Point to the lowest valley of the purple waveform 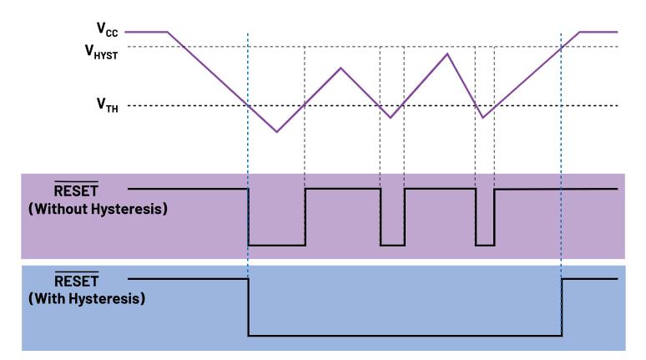tap(277, 131)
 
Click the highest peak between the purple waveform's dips tap(448, 54)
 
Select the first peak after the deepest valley tap(341, 68)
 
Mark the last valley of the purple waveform tap(483, 117)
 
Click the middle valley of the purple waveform tap(391, 117)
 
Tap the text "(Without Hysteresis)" tap(98, 209)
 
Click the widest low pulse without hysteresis tap(276, 245)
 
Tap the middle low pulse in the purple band tap(392, 245)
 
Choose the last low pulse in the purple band tap(485, 245)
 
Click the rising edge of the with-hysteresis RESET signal tap(562, 307)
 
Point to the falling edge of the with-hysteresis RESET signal tap(249, 307)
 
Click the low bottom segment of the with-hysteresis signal tap(405, 335)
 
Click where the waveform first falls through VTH tap(249, 105)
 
